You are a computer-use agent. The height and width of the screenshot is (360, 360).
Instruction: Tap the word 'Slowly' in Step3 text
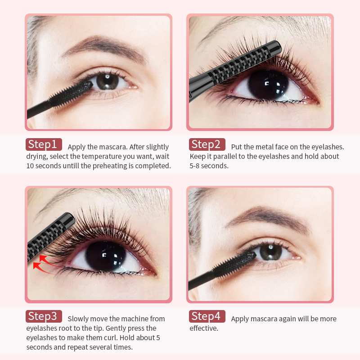(79, 319)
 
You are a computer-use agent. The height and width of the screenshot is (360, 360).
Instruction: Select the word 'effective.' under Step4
(204, 328)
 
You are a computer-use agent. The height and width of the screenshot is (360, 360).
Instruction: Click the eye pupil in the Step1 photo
(107, 81)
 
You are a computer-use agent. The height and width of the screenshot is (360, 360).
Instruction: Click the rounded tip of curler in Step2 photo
(275, 46)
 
